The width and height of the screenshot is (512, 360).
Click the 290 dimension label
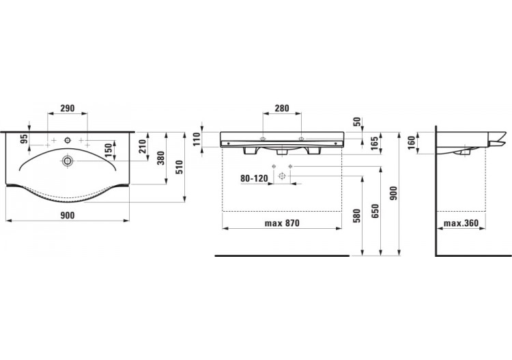click(67, 109)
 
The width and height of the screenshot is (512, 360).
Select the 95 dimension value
click(24, 139)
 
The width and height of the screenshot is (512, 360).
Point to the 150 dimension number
click(109, 150)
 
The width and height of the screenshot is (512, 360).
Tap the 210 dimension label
click(142, 146)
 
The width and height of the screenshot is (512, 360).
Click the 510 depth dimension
click(180, 166)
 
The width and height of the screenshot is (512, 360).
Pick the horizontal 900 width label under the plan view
click(67, 215)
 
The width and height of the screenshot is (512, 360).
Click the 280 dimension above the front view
click(281, 109)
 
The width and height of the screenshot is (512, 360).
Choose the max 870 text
click(282, 223)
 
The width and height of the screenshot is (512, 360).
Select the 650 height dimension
click(375, 211)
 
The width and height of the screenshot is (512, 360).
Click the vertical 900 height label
click(393, 194)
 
